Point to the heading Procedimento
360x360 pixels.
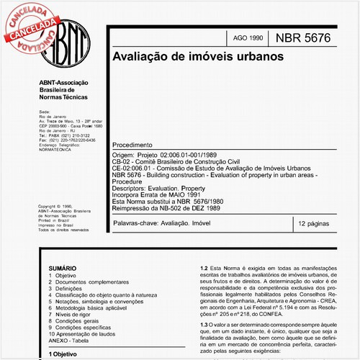pyautogui.click(x=138, y=145)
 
